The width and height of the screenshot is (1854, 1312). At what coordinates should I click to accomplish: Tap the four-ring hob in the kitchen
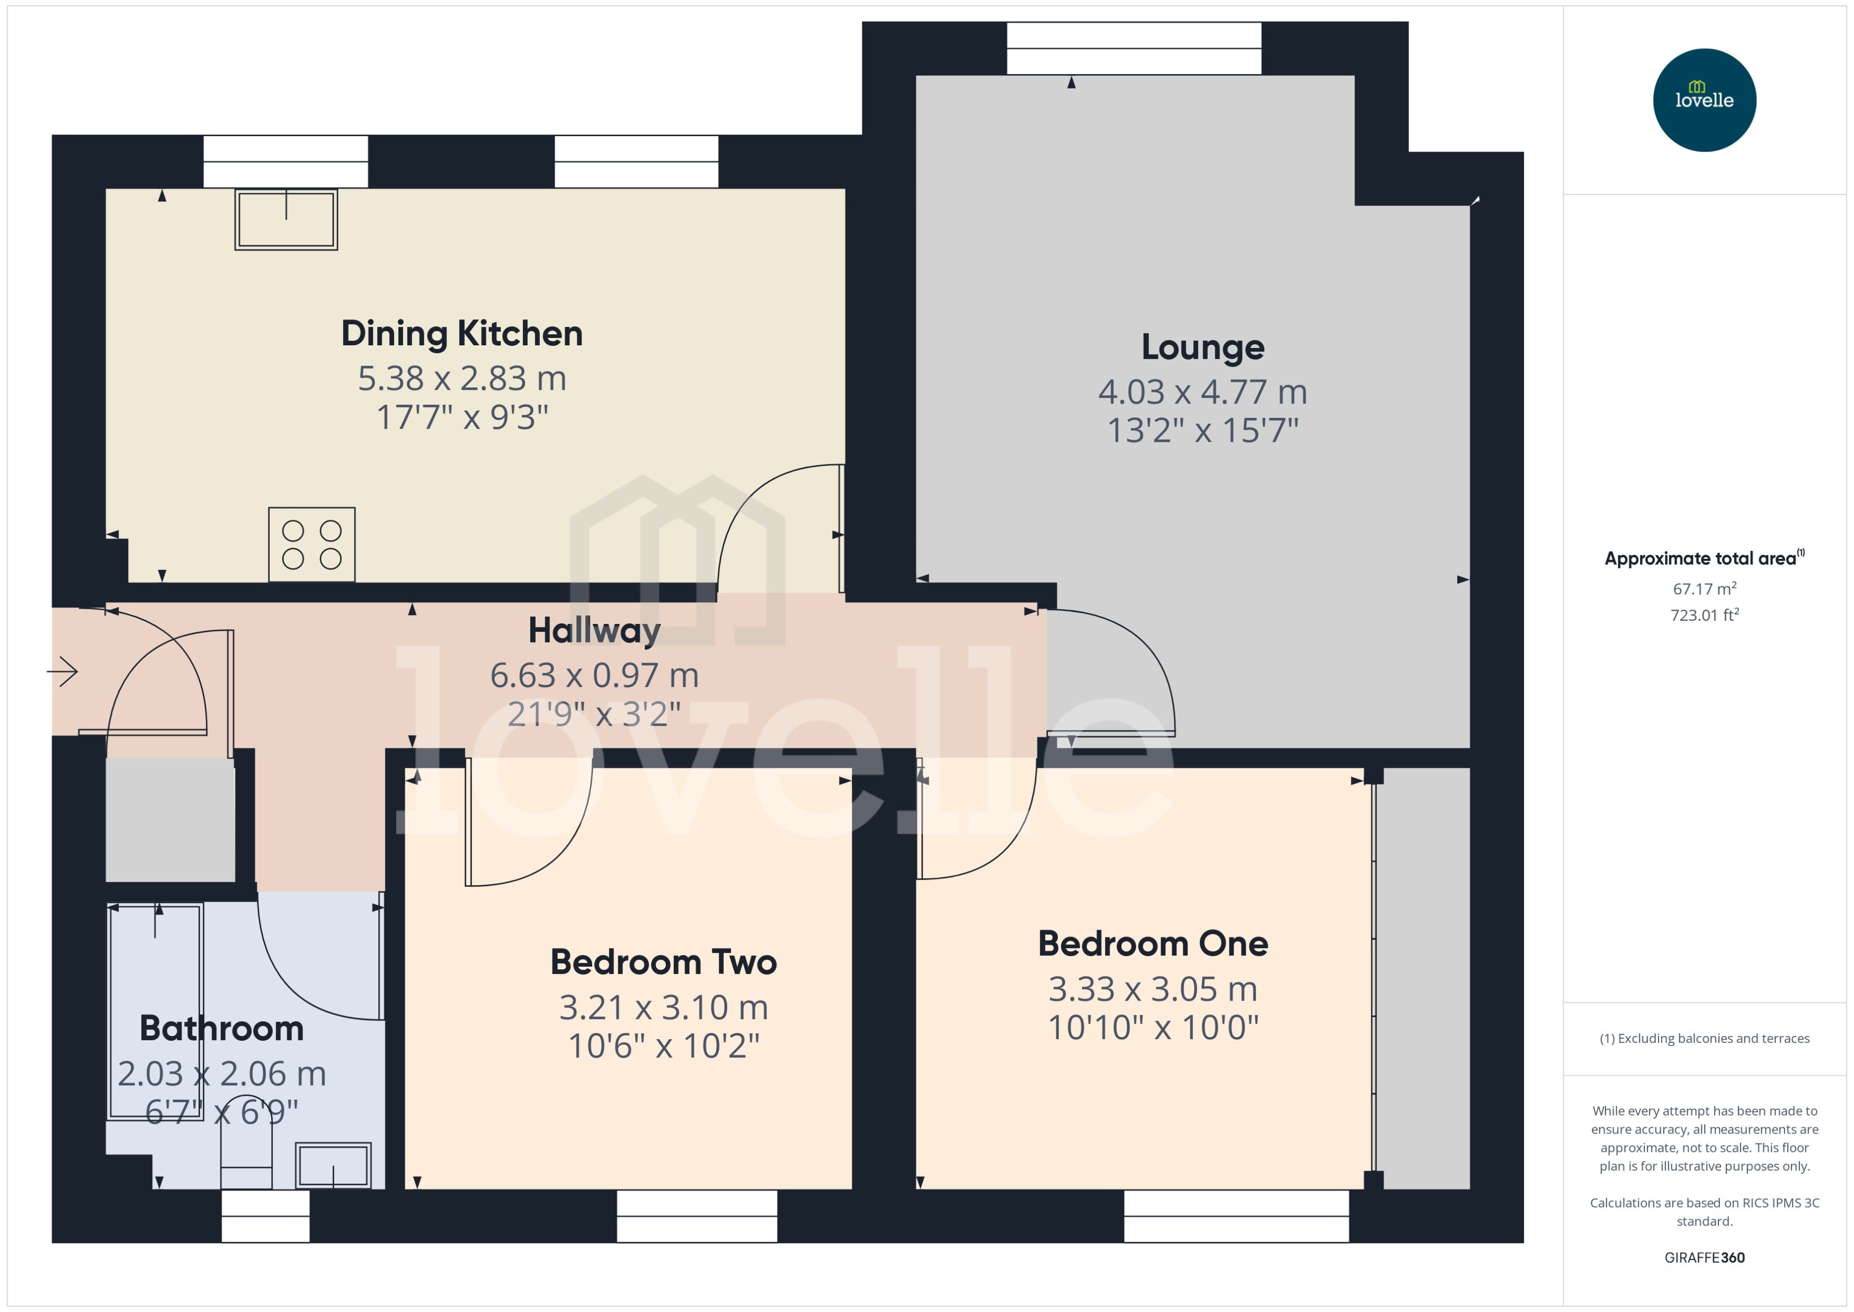pos(312,545)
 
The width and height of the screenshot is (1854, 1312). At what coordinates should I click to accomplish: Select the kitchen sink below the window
pos(286,219)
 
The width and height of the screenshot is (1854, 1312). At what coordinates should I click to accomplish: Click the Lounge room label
pos(1202,347)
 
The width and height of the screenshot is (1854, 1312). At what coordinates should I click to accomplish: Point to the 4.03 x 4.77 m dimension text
pos(1202,392)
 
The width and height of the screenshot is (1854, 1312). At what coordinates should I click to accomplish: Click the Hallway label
pos(594,631)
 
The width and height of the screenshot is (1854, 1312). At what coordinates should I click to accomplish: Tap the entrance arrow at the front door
pos(63,671)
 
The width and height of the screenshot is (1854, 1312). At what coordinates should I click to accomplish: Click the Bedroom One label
pos(1153,943)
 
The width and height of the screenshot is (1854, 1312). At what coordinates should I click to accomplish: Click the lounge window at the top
pos(1134,49)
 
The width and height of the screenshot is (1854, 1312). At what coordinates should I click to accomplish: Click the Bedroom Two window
pos(697,1216)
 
